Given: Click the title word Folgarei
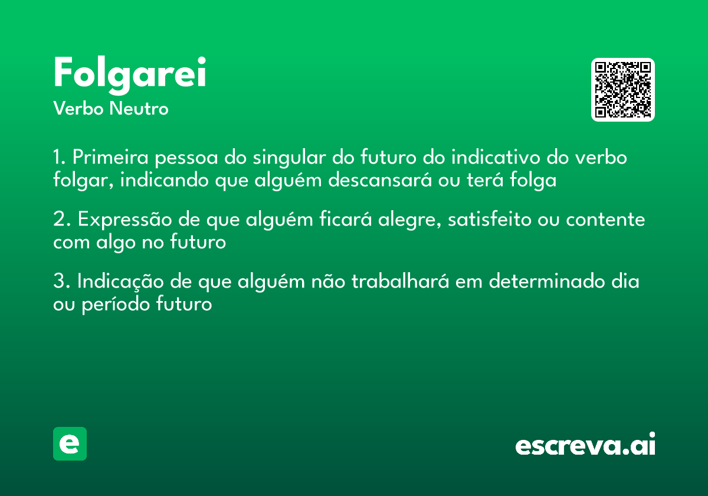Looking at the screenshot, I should tap(130, 74).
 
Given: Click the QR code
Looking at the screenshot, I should tap(623, 90).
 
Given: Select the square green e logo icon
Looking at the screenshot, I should tap(70, 443).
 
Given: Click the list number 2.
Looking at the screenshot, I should tap(61, 220).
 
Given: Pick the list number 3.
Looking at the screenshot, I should tap(61, 282).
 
